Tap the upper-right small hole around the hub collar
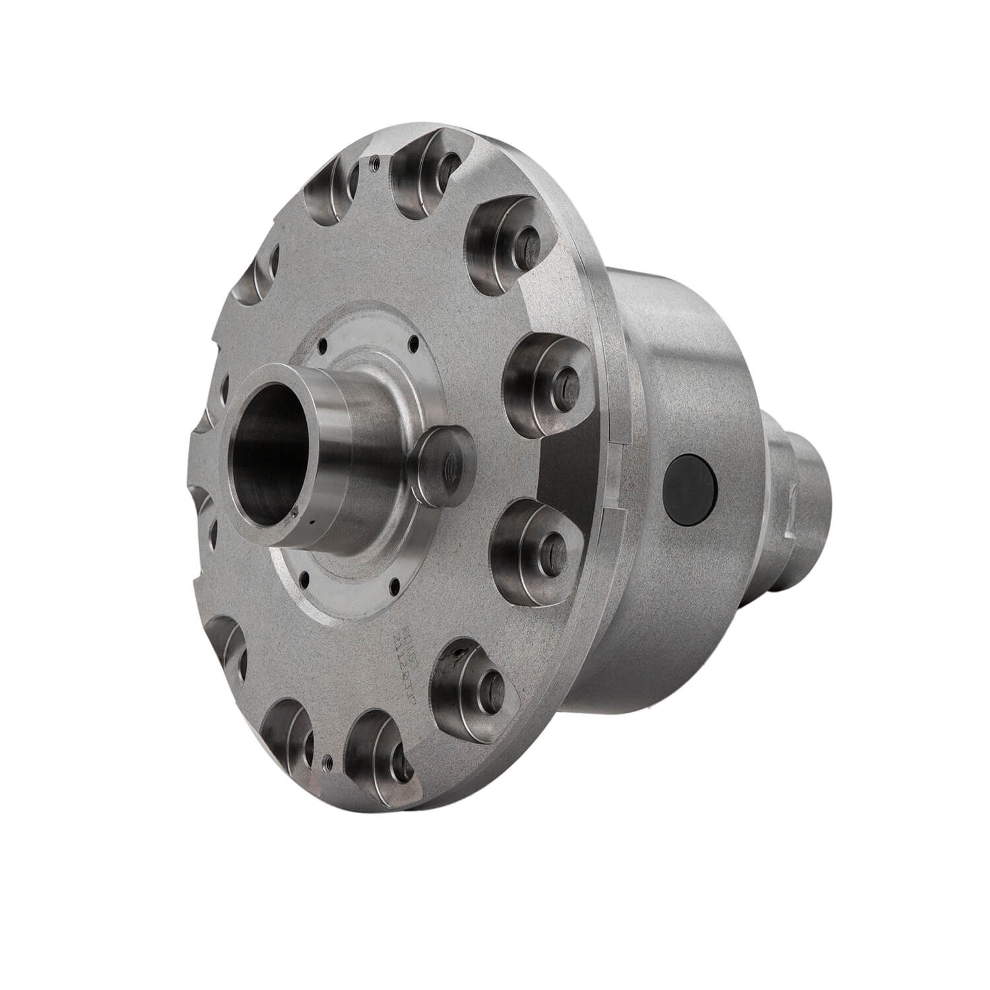[x=414, y=342]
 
